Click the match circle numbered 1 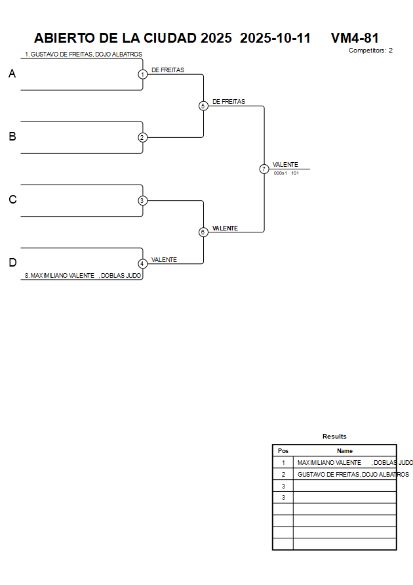pyautogui.click(x=142, y=74)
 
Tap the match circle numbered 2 pyautogui.click(x=142, y=137)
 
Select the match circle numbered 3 pyautogui.click(x=142, y=200)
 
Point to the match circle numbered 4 pyautogui.click(x=142, y=263)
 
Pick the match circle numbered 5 pyautogui.click(x=203, y=106)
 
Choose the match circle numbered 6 pyautogui.click(x=203, y=232)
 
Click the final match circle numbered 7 pyautogui.click(x=264, y=169)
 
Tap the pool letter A pyautogui.click(x=12, y=74)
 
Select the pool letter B pyautogui.click(x=12, y=137)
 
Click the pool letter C pyautogui.click(x=12, y=200)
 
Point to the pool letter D pyautogui.click(x=12, y=263)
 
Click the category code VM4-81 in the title pyautogui.click(x=355, y=38)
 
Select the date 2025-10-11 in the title pyautogui.click(x=275, y=38)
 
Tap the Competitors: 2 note pyautogui.click(x=370, y=51)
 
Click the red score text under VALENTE pyautogui.click(x=286, y=173)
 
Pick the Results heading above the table pyautogui.click(x=334, y=437)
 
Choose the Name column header pyautogui.click(x=345, y=451)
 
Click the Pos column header pyautogui.click(x=283, y=451)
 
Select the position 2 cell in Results pyautogui.click(x=283, y=474)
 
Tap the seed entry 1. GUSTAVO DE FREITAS pyautogui.click(x=83, y=54)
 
